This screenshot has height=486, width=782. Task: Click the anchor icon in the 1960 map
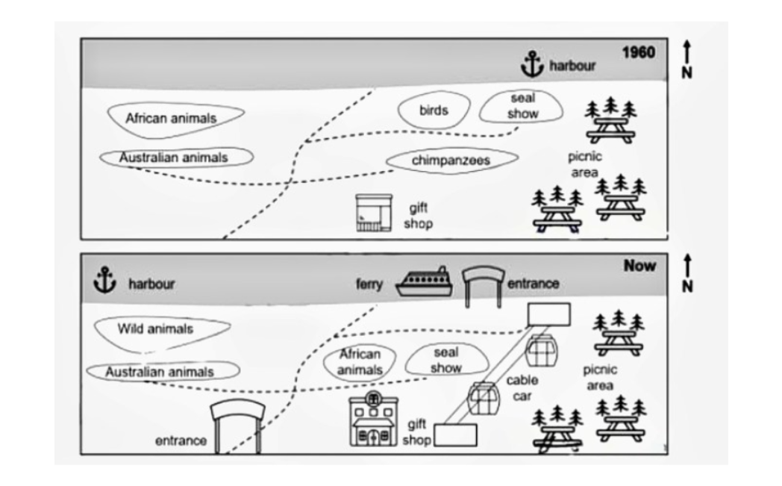click(531, 64)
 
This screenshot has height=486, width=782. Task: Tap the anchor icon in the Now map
click(105, 281)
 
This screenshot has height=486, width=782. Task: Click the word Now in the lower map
click(639, 265)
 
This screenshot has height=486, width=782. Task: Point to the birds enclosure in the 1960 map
click(434, 110)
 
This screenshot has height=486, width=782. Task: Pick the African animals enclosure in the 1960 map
click(175, 118)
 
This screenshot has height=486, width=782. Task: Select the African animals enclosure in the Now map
click(360, 362)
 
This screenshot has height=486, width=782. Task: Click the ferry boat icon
click(424, 282)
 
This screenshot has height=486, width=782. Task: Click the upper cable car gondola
click(541, 349)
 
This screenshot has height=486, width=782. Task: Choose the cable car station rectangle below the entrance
click(548, 314)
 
